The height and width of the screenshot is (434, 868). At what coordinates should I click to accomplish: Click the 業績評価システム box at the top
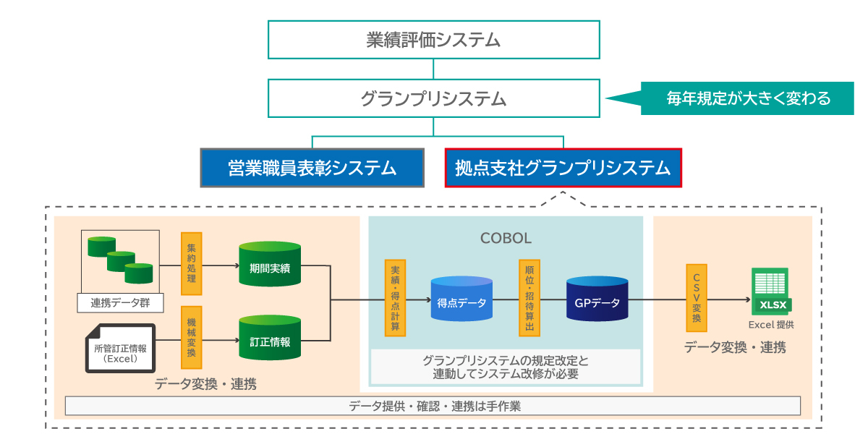click(433, 40)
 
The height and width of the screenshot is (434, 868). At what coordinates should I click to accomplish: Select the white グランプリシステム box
click(433, 98)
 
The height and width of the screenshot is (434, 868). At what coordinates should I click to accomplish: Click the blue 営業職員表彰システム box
click(312, 168)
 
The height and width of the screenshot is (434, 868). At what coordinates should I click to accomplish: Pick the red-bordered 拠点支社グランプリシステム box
click(563, 168)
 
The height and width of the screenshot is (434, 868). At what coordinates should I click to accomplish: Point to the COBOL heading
click(506, 238)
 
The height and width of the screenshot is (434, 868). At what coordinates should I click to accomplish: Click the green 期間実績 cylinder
click(270, 266)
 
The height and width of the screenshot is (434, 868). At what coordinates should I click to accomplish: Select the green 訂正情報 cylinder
click(270, 341)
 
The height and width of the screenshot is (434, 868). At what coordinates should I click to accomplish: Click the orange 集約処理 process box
click(191, 263)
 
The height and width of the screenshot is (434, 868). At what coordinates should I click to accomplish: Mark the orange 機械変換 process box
click(191, 338)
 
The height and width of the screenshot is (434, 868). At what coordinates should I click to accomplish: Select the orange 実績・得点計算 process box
click(395, 297)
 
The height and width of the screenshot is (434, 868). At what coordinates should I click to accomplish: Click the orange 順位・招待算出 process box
click(529, 297)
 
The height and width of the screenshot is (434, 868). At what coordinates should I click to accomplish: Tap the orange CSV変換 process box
click(697, 297)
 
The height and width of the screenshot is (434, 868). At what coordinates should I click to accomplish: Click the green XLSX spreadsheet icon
click(770, 291)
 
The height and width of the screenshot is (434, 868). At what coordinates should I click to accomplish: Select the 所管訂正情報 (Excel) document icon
click(120, 349)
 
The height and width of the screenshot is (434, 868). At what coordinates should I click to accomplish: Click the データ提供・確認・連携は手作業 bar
click(433, 406)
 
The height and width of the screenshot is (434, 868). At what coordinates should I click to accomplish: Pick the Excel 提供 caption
click(771, 325)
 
